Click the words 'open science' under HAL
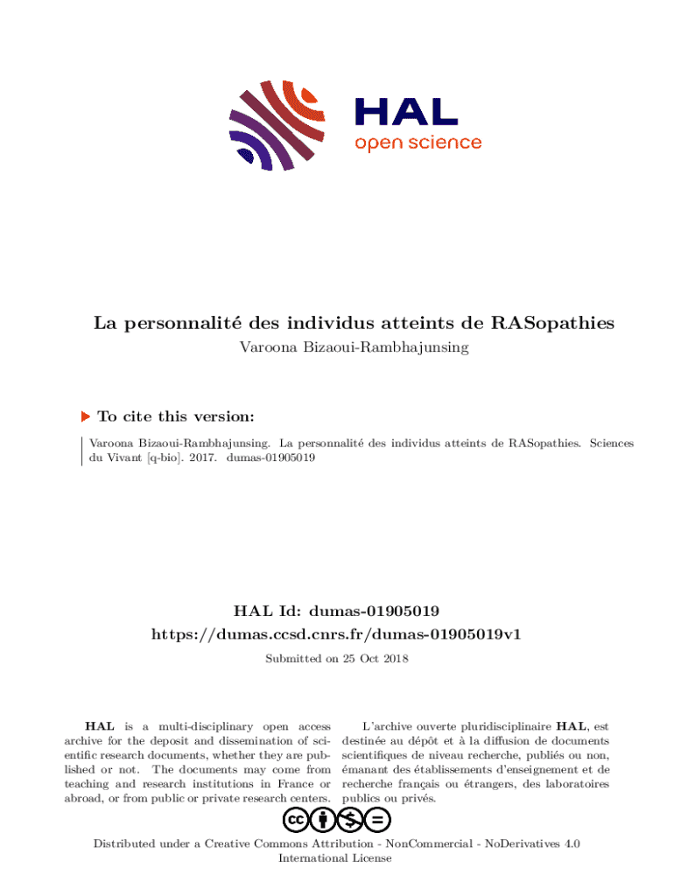418,143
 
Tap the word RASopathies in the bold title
553,324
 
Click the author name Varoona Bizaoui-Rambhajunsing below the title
354,347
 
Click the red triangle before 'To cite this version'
85,417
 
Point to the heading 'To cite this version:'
176,417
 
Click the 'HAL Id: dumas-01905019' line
336,610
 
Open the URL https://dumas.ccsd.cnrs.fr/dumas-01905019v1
336,633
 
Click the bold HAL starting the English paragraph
99,726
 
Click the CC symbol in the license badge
297,820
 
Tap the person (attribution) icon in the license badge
324,820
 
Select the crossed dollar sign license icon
351,820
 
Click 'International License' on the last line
336,858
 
